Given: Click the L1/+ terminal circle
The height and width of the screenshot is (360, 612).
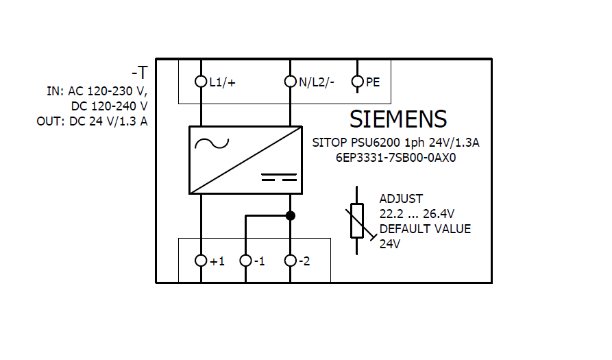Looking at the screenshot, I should coord(201,82).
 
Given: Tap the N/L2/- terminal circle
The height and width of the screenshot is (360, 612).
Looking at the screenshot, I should coord(291,82).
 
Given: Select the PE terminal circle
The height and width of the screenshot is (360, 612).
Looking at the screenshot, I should coord(357,82).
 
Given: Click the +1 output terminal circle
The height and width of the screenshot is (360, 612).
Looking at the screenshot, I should coord(201,261).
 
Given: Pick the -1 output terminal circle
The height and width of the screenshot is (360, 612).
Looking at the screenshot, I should coord(245,261).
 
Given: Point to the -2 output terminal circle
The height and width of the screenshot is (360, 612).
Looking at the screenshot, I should coord(291,261).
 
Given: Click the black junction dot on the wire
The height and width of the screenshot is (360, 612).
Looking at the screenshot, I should coord(291,215).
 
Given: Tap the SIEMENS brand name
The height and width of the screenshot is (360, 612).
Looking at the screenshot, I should coord(398,119).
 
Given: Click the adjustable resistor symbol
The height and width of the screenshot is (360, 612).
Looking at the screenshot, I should coord(357,220).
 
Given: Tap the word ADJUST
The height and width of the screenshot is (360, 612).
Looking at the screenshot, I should coord(402,199).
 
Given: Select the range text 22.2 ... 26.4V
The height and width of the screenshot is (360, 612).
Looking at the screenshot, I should coord(418,214).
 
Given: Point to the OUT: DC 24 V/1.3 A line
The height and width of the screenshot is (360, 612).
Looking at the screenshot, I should coord(92,121).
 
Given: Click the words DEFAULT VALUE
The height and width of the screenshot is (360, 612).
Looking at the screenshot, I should coord(425,229).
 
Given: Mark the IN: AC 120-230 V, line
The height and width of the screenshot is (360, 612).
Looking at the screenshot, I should coord(97,91).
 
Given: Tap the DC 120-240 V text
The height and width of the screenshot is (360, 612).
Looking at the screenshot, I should coord(109,106).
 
